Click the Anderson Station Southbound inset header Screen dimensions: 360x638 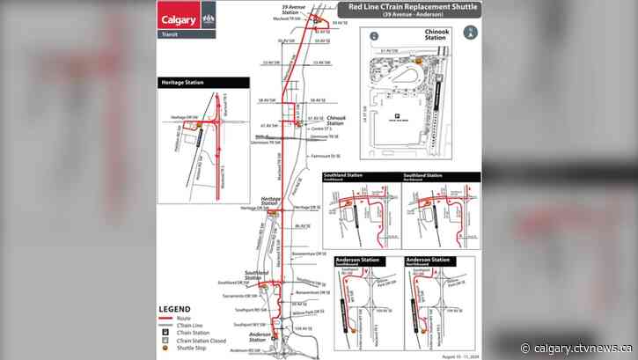tap(362, 263)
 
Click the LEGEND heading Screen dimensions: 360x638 tap(175, 309)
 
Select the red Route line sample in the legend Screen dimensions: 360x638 tap(165, 317)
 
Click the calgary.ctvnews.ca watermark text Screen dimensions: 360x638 tap(582, 347)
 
